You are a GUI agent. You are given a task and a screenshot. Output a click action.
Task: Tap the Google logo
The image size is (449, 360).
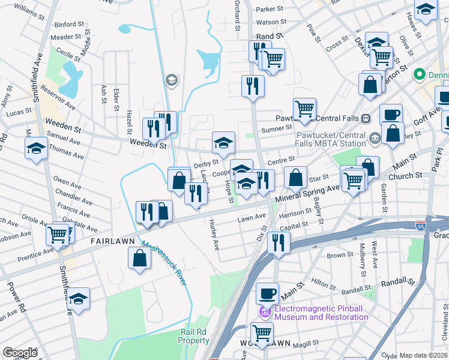(x=19, y=353)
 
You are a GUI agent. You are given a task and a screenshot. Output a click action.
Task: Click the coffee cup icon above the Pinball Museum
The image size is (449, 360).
(x=267, y=293)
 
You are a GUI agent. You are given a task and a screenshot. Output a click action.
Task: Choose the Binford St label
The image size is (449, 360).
(x=70, y=25)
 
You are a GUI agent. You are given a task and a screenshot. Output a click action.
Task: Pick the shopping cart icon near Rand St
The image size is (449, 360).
(x=273, y=59)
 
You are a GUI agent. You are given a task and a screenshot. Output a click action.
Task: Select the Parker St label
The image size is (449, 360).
(x=270, y=9)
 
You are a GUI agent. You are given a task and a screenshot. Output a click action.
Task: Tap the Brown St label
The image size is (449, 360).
(x=340, y=255)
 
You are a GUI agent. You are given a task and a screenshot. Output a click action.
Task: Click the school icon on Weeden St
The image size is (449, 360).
(x=223, y=143)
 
